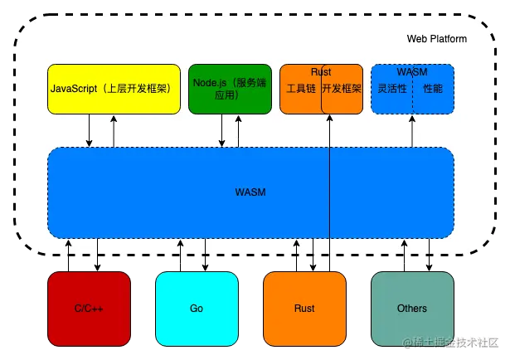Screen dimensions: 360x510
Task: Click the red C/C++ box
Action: coord(89,309)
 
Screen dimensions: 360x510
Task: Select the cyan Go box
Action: coord(197,309)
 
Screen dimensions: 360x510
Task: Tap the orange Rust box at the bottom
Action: coord(304,309)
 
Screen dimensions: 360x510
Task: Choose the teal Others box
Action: coord(412,309)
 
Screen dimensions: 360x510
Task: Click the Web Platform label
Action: coord(436,39)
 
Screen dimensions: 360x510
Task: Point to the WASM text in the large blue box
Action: coord(250,192)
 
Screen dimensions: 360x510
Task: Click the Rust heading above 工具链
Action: coord(321,72)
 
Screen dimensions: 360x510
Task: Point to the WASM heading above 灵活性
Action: coord(412,72)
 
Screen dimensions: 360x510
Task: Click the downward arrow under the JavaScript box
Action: coord(90,133)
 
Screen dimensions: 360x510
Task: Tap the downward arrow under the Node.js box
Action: coord(221,133)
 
